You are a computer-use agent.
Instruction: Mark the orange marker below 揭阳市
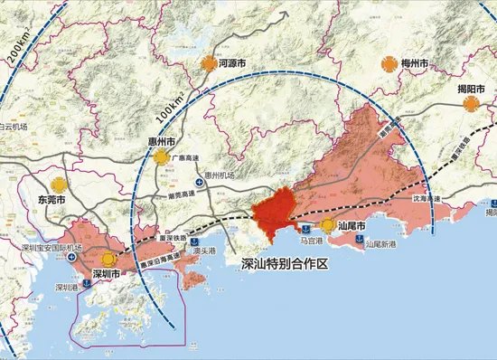[x=471, y=106]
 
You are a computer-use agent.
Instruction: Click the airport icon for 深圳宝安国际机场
[x=70, y=257]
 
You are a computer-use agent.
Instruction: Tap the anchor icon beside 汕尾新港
[x=360, y=241]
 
